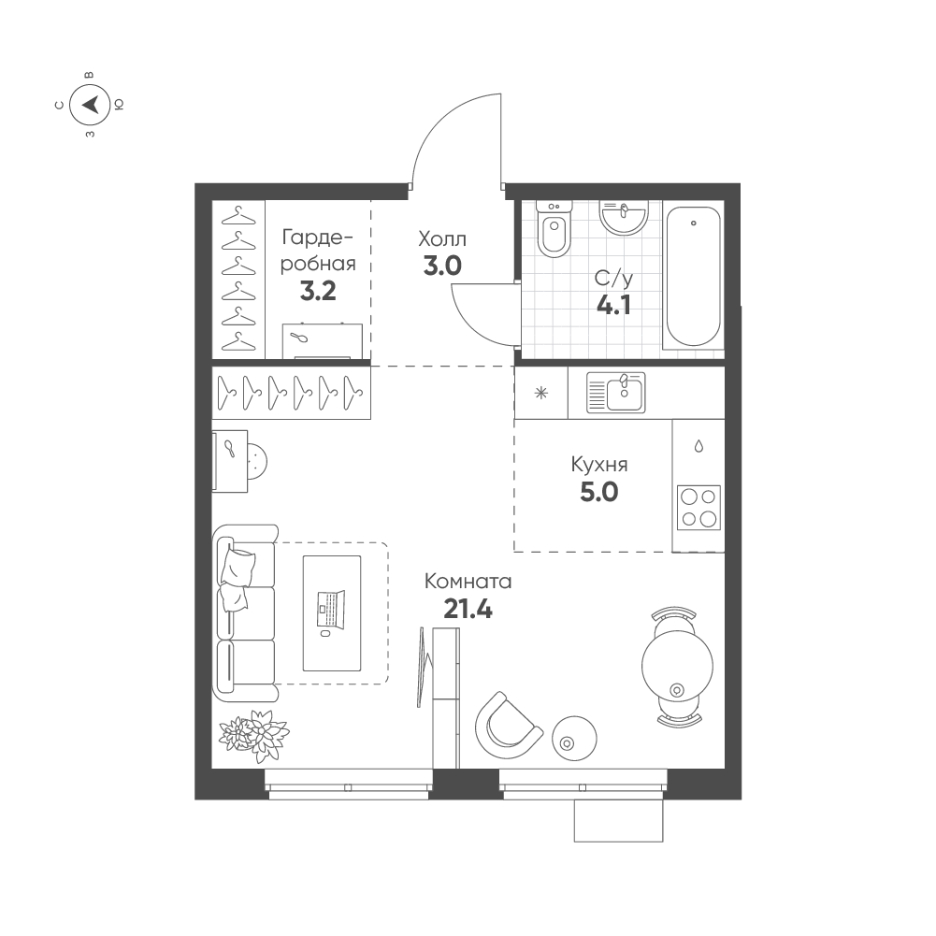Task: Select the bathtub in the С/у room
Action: pyautogui.click(x=693, y=277)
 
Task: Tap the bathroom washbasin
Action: pyautogui.click(x=623, y=217)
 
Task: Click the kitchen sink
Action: pyautogui.click(x=616, y=392)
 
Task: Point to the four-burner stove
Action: pyautogui.click(x=699, y=508)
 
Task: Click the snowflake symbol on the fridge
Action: pyautogui.click(x=540, y=394)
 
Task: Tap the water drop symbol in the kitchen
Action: pyautogui.click(x=698, y=446)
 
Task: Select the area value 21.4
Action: pyautogui.click(x=468, y=610)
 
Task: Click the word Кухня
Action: pyautogui.click(x=599, y=465)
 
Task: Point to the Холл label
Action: pyautogui.click(x=442, y=239)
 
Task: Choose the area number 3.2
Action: pyautogui.click(x=318, y=291)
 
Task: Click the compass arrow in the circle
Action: pyautogui.click(x=90, y=105)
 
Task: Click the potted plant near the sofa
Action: pyautogui.click(x=253, y=735)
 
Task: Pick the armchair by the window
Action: pyautogui.click(x=508, y=726)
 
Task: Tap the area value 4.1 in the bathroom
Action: pyautogui.click(x=613, y=305)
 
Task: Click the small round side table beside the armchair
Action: pyautogui.click(x=574, y=738)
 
